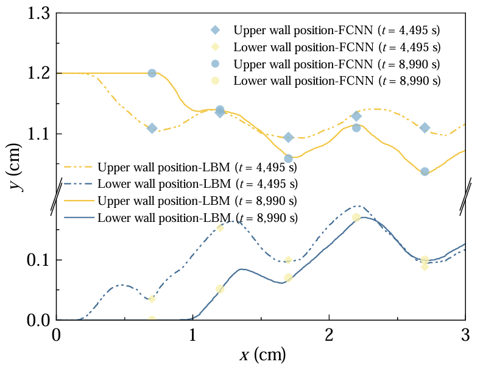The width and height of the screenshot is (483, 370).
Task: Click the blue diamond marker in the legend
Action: pos(214,30)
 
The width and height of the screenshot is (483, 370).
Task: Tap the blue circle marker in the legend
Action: pos(214,63)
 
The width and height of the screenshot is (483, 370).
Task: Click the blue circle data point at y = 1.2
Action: pos(152,73)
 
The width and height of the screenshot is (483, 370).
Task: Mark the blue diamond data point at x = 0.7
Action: pos(152,128)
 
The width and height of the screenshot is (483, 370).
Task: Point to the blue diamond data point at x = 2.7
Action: pos(425,128)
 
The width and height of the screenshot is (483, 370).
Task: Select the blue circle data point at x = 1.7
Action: pos(289,158)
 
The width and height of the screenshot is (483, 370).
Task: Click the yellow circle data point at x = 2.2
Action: pos(356,217)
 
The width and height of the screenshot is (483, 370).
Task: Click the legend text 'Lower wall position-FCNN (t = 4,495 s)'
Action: pos(337,47)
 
